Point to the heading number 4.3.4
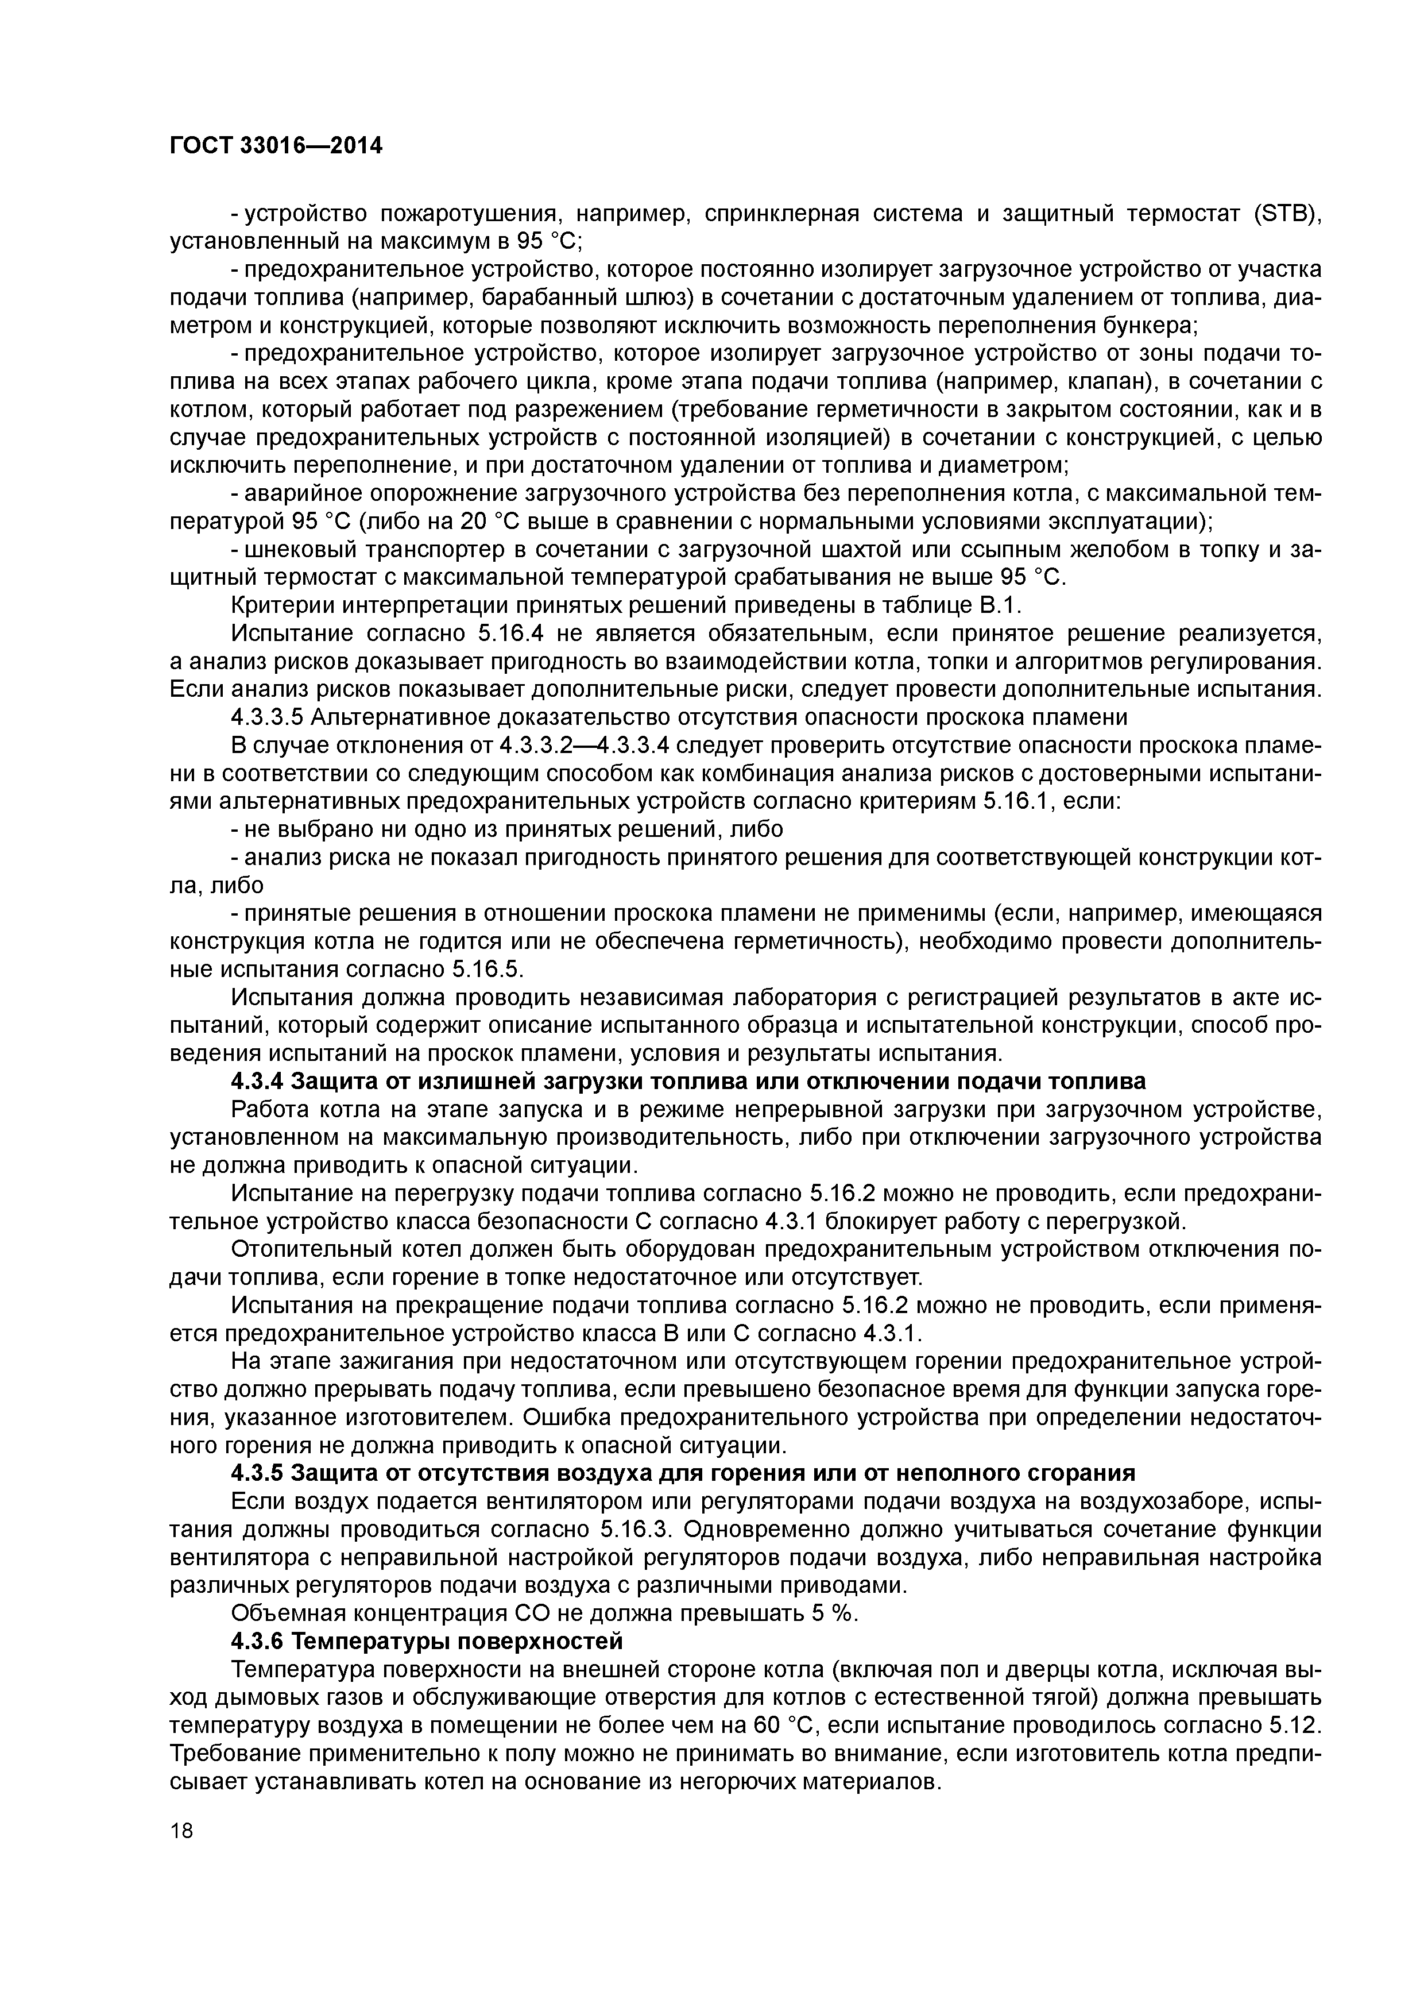tap(257, 1080)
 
